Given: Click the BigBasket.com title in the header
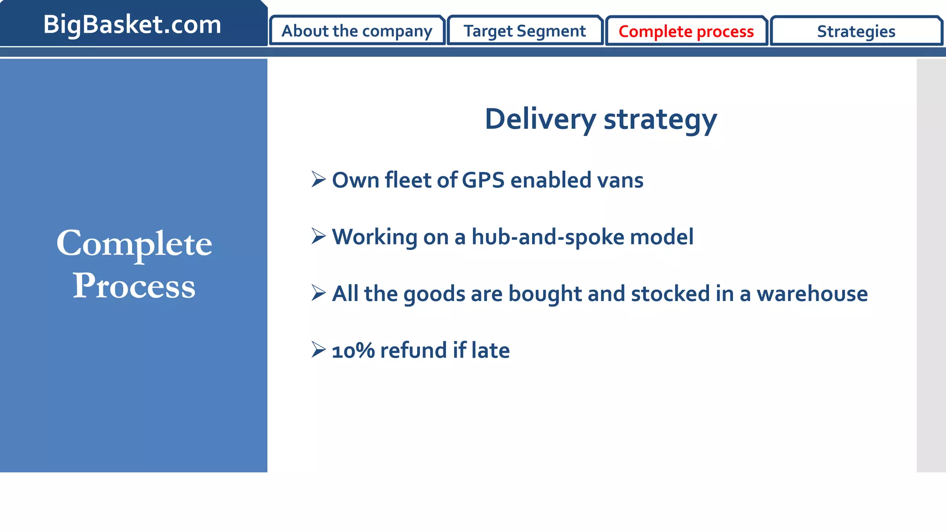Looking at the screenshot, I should [x=132, y=24].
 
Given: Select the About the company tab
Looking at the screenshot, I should [x=357, y=31].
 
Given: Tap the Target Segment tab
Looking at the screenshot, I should [x=525, y=31].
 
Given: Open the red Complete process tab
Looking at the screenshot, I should [x=686, y=31].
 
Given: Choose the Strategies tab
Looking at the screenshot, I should [x=856, y=31].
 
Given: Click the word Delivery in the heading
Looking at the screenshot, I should [x=540, y=119].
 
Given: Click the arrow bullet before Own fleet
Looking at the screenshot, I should [x=318, y=179].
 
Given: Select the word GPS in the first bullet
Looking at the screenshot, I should [x=483, y=180].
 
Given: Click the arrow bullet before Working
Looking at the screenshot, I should [x=318, y=236].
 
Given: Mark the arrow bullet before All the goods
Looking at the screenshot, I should [x=318, y=293].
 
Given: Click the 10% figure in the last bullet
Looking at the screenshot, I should [x=353, y=351].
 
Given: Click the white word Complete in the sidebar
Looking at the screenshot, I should [x=134, y=244].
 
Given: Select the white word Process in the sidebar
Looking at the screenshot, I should [x=134, y=286].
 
